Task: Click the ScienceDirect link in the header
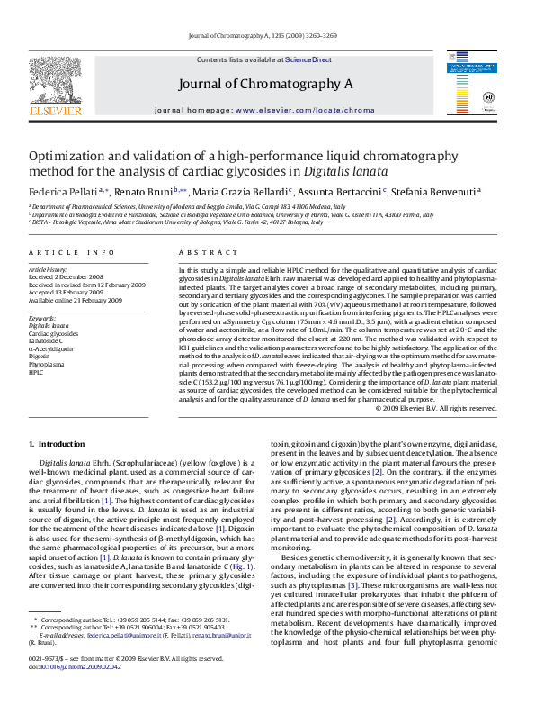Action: pos(308,59)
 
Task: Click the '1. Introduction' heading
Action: pos(57,445)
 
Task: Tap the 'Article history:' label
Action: pos(48,270)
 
